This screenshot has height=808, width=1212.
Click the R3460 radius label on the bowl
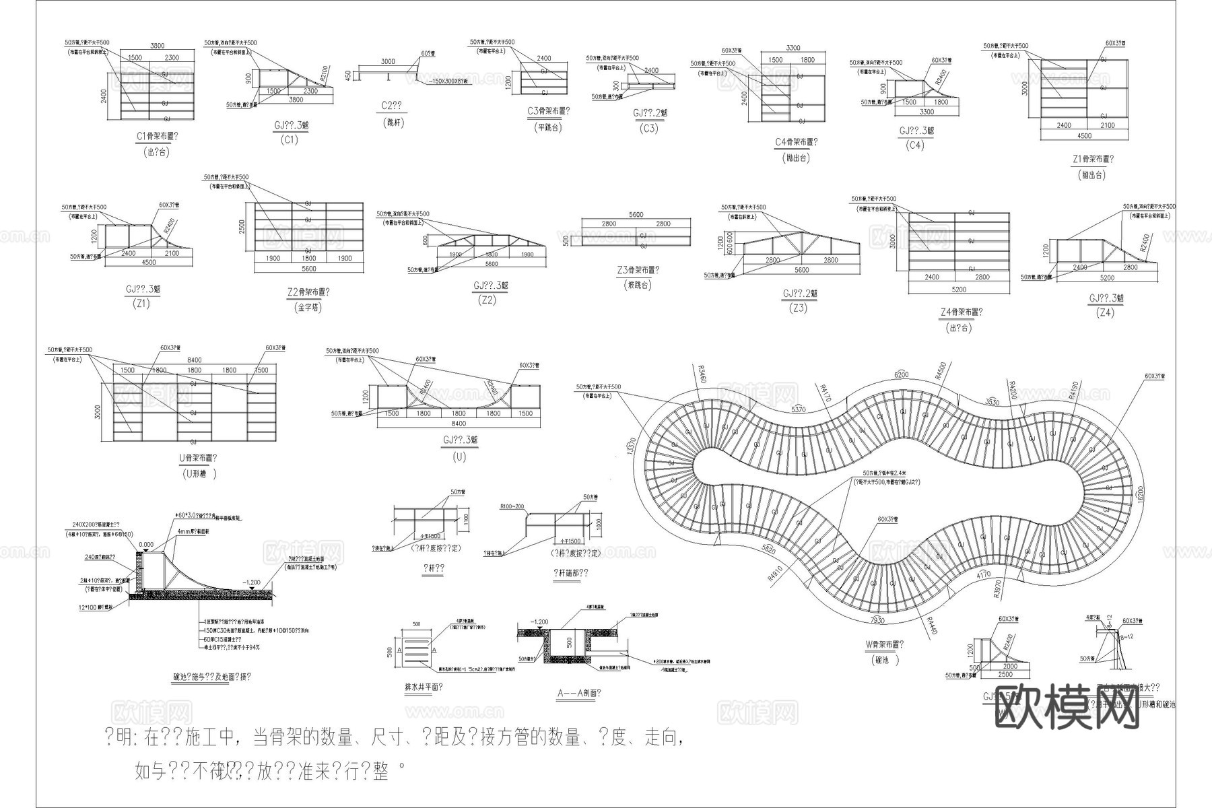(702, 375)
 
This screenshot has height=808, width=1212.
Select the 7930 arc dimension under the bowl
(877, 619)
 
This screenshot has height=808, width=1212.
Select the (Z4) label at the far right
(1105, 312)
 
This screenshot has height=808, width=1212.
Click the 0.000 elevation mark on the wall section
(146, 545)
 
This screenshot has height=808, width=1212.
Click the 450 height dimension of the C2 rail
(348, 75)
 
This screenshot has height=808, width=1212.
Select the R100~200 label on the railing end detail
(512, 506)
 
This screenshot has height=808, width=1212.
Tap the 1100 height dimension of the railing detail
(465, 519)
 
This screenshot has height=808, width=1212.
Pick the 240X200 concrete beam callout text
(96, 525)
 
